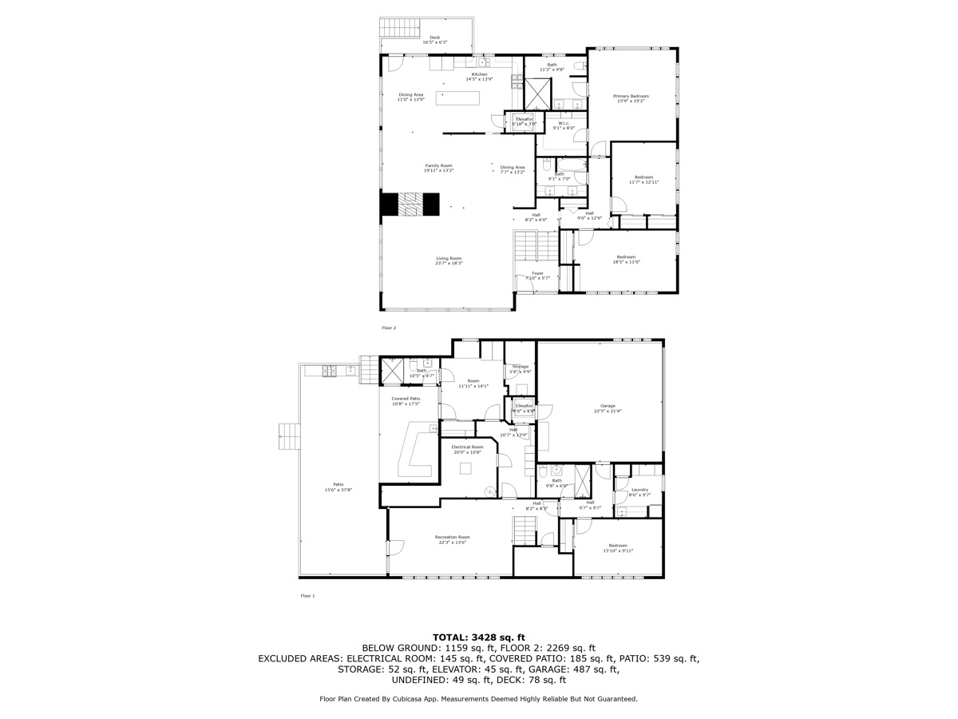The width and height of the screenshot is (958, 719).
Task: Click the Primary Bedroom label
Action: [x=631, y=97]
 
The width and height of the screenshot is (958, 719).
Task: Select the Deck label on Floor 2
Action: [x=434, y=38]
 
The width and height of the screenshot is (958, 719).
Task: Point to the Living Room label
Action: [x=449, y=259]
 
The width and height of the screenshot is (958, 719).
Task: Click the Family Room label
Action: [x=438, y=166]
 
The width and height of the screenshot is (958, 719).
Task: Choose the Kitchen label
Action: [x=479, y=75]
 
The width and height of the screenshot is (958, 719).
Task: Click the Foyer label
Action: [x=538, y=274]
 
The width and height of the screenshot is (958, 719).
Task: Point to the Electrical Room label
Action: [x=467, y=447]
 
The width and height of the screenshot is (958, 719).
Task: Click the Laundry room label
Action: [x=639, y=491]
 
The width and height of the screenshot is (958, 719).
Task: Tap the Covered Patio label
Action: [x=406, y=399]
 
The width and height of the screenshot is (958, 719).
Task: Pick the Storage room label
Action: [x=521, y=367]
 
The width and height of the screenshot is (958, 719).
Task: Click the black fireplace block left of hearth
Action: [x=389, y=205]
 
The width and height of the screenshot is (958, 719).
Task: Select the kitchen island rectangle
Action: [x=458, y=97]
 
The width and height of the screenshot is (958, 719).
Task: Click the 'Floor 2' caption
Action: [x=389, y=328]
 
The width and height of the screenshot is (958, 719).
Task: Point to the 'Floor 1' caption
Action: [x=307, y=596]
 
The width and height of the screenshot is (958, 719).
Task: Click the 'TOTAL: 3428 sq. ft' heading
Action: [x=478, y=636]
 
